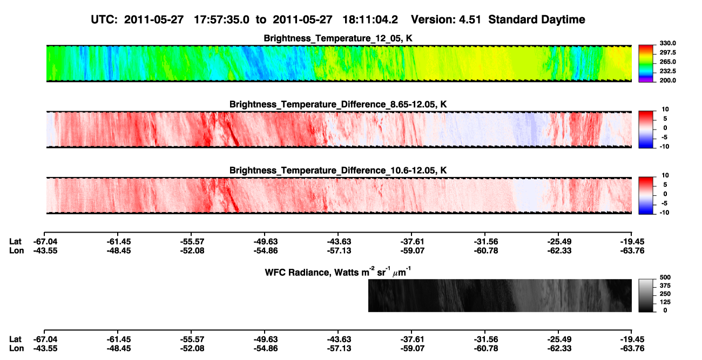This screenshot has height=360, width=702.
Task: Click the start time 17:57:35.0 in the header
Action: click(221, 20)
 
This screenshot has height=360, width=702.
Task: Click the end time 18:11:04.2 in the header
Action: click(370, 20)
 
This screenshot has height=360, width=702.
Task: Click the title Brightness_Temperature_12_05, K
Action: click(338, 38)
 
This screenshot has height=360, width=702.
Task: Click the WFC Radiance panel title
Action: click(338, 272)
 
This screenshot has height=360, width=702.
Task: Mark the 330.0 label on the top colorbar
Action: click(667, 43)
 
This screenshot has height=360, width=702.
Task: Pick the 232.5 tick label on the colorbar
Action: click(667, 71)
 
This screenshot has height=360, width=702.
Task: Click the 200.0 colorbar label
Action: click(667, 80)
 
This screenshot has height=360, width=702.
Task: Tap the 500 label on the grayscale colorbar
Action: click(665, 277)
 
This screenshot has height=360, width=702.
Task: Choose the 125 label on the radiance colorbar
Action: click(665, 302)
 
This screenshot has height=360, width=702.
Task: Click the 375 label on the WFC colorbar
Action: click(665, 286)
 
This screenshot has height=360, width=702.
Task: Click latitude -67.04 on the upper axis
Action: click(45, 242)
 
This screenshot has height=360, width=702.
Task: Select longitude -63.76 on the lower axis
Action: click(632, 349)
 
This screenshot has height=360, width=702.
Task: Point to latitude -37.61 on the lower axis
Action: click(412, 339)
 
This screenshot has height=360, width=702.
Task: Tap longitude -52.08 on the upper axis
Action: click(192, 251)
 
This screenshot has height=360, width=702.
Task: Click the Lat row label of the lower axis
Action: click(15, 339)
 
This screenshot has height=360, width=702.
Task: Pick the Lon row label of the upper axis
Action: click(16, 251)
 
